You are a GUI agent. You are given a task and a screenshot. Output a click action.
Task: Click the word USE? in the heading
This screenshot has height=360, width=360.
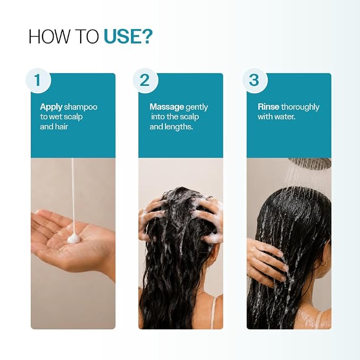pos(128,36)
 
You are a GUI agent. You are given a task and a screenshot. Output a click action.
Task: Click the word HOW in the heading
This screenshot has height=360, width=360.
pos(49,37)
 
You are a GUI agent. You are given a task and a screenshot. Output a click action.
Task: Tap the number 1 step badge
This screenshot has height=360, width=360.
pos(38,81)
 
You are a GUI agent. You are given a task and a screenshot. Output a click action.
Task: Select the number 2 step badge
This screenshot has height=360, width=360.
pos(145,81)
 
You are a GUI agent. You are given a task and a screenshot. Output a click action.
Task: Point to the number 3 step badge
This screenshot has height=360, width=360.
pos(254,81)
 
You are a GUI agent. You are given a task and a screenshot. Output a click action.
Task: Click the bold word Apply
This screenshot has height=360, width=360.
pos(51,107)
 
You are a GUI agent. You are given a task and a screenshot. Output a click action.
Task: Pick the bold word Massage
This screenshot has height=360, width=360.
pos(166,107)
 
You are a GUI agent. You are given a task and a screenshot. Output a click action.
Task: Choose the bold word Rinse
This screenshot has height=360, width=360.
pos(268,107)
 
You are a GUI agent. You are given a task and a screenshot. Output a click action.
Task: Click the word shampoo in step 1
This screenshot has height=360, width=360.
pos(81,107)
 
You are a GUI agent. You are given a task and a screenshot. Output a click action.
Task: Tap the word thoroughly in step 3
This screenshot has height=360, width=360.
pos(300,107)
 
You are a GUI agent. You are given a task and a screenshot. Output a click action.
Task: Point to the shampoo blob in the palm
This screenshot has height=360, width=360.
pos(74,239)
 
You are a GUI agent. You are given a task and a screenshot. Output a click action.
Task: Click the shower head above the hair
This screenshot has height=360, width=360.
pos(310,163)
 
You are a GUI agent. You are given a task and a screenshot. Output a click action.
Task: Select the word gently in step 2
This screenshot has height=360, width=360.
pos(197,108)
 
